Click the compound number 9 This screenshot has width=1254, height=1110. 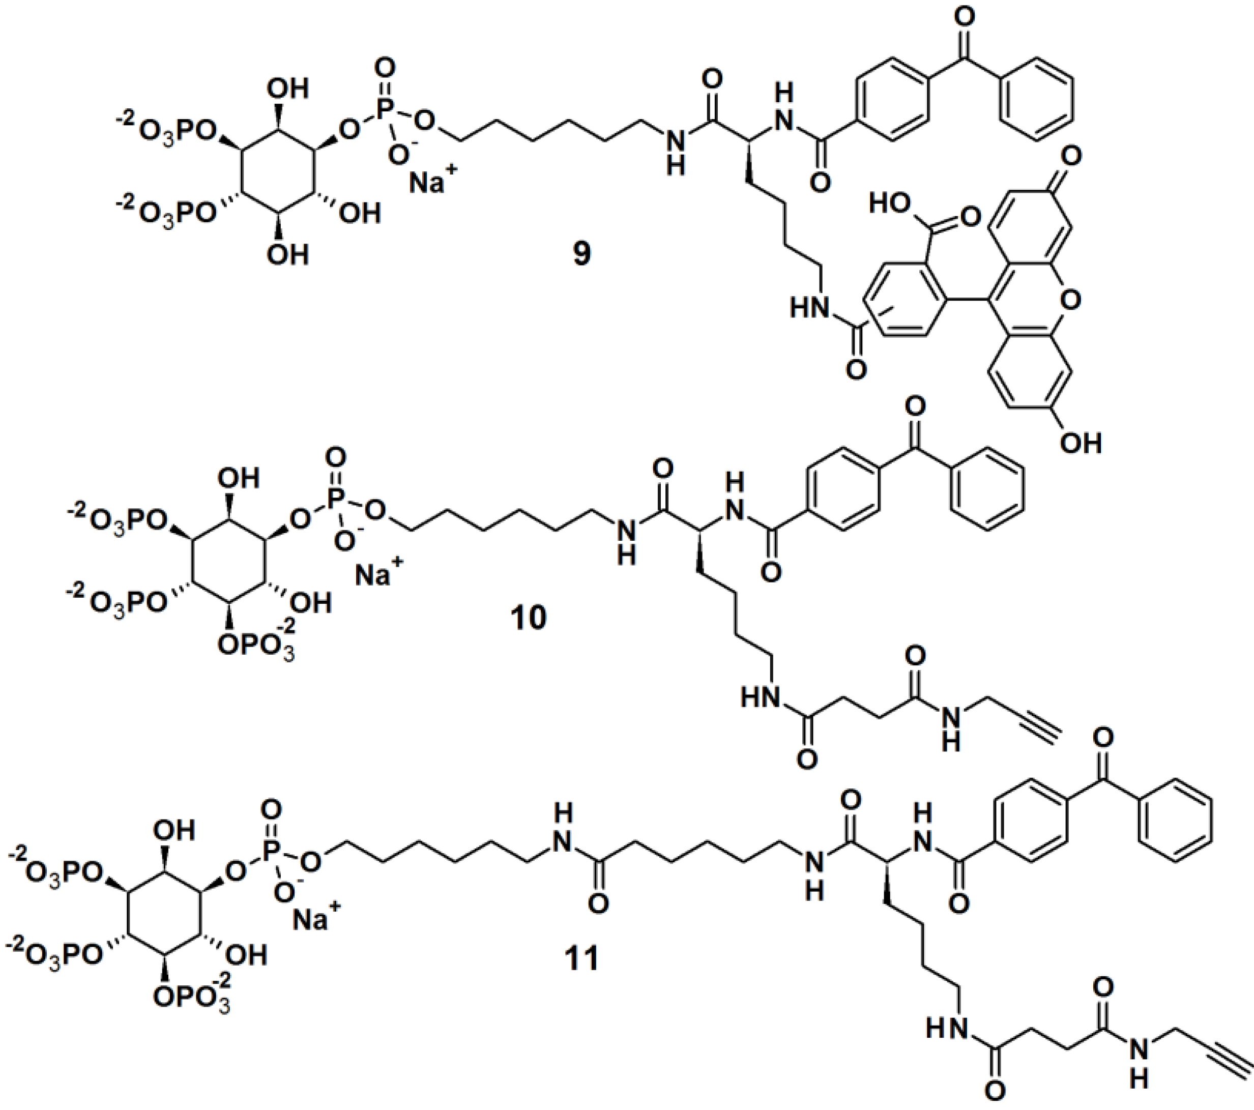pyautogui.click(x=581, y=253)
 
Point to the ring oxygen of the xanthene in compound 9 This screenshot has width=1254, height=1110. pyautogui.click(x=1070, y=300)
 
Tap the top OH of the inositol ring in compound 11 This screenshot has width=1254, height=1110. pyautogui.click(x=176, y=831)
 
